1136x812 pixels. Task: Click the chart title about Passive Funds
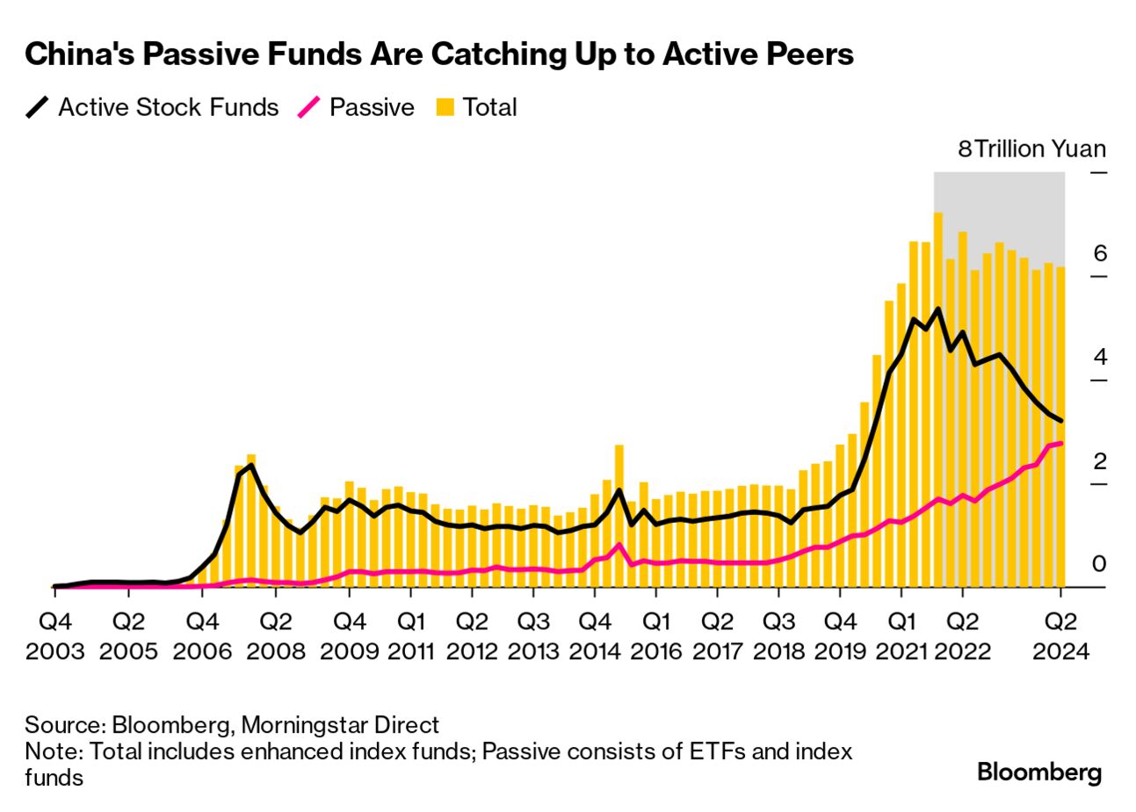(x=439, y=54)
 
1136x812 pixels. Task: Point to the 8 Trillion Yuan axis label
(x=1031, y=149)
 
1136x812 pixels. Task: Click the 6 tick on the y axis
(x=1099, y=254)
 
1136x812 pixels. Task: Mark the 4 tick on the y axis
(x=1099, y=358)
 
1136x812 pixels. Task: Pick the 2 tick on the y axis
(x=1099, y=461)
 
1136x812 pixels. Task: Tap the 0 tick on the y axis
(x=1099, y=564)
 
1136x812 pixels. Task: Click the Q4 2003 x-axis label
(x=54, y=635)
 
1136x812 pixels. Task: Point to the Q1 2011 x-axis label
(x=411, y=635)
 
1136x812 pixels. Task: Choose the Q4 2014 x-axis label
(x=594, y=635)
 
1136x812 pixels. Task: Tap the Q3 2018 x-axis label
(x=778, y=635)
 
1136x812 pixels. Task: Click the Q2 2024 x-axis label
(x=1060, y=635)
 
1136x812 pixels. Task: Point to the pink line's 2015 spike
(x=619, y=545)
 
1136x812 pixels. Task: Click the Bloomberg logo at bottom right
(x=1039, y=772)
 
